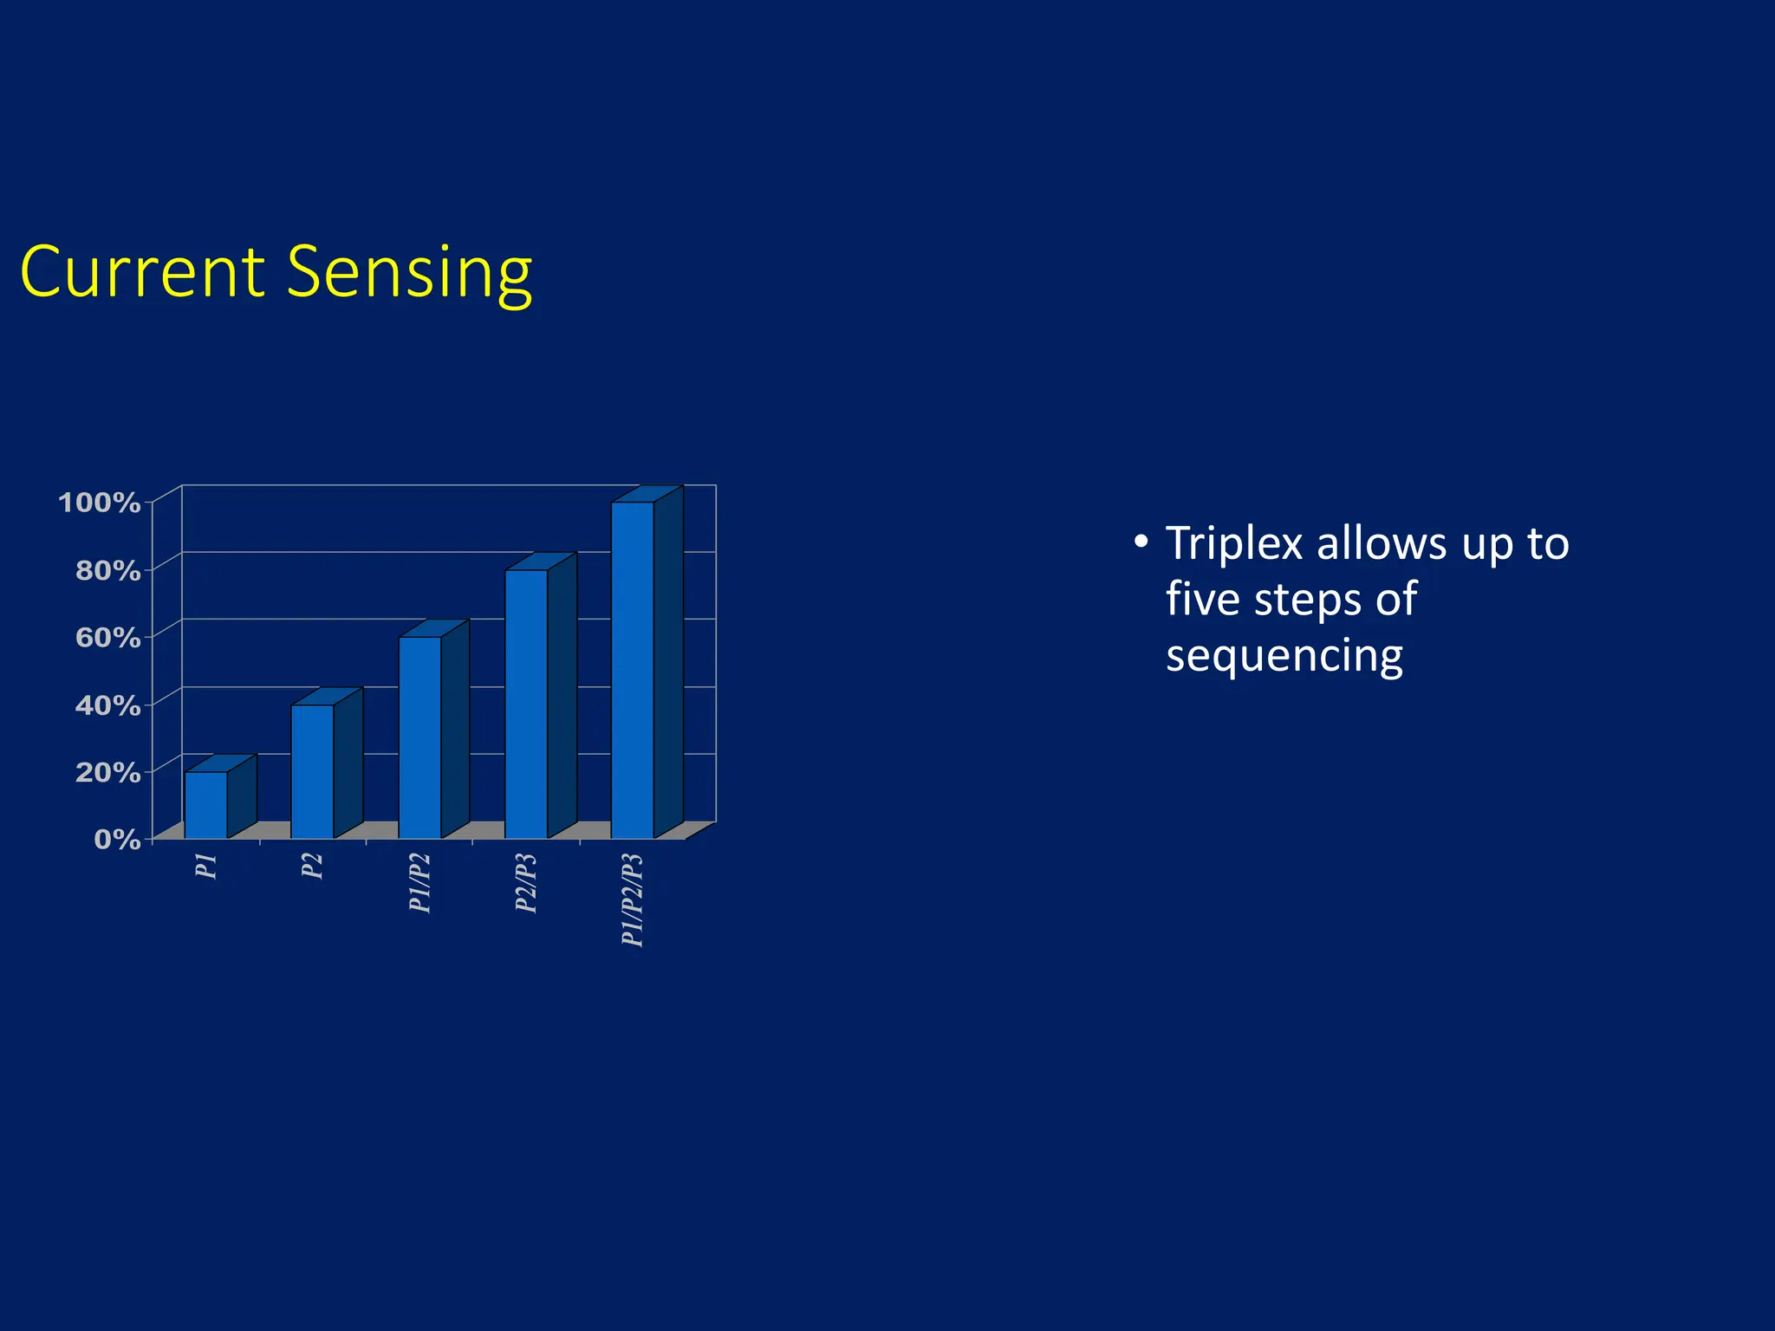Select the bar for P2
[312, 771]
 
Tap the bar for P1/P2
[419, 737]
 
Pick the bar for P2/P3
[526, 704]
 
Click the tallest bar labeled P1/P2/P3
[633, 670]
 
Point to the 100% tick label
[99, 503]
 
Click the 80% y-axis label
[107, 570]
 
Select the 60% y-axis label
[107, 638]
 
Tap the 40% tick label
[107, 705]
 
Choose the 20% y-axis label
[107, 772]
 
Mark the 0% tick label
[117, 839]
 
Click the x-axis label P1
[206, 866]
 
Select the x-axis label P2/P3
[526, 883]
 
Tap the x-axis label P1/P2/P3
[633, 900]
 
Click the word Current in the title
[141, 272]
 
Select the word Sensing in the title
[409, 274]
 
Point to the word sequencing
[1284, 657]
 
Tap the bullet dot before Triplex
[1141, 542]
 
